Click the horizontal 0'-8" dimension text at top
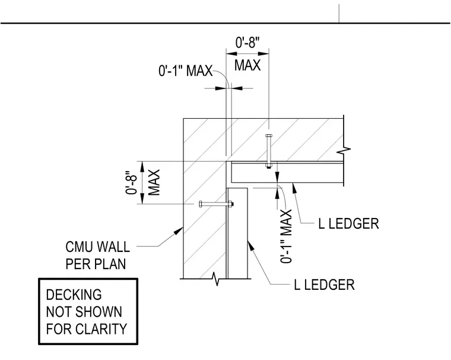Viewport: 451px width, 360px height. [247, 43]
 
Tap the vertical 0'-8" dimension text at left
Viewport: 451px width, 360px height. [132, 183]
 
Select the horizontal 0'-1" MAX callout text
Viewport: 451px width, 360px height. [186, 71]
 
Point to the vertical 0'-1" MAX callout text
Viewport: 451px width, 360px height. [286, 236]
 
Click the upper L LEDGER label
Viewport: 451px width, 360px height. [348, 224]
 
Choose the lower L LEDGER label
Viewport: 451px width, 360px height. [324, 285]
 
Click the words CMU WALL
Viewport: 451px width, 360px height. [97, 247]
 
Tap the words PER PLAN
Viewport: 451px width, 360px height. [96, 264]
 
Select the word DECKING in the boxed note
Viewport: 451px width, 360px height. [74, 295]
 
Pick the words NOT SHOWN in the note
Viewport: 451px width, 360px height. [84, 312]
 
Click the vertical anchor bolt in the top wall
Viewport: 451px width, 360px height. [268, 151]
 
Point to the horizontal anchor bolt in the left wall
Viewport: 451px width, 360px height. [216, 204]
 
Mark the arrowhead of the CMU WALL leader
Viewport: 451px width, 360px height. [179, 232]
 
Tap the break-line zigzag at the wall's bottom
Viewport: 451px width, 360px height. [216, 279]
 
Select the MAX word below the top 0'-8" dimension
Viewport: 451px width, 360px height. [247, 65]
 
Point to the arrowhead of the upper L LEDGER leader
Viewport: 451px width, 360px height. [294, 187]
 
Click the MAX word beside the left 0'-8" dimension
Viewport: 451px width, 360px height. [154, 182]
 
